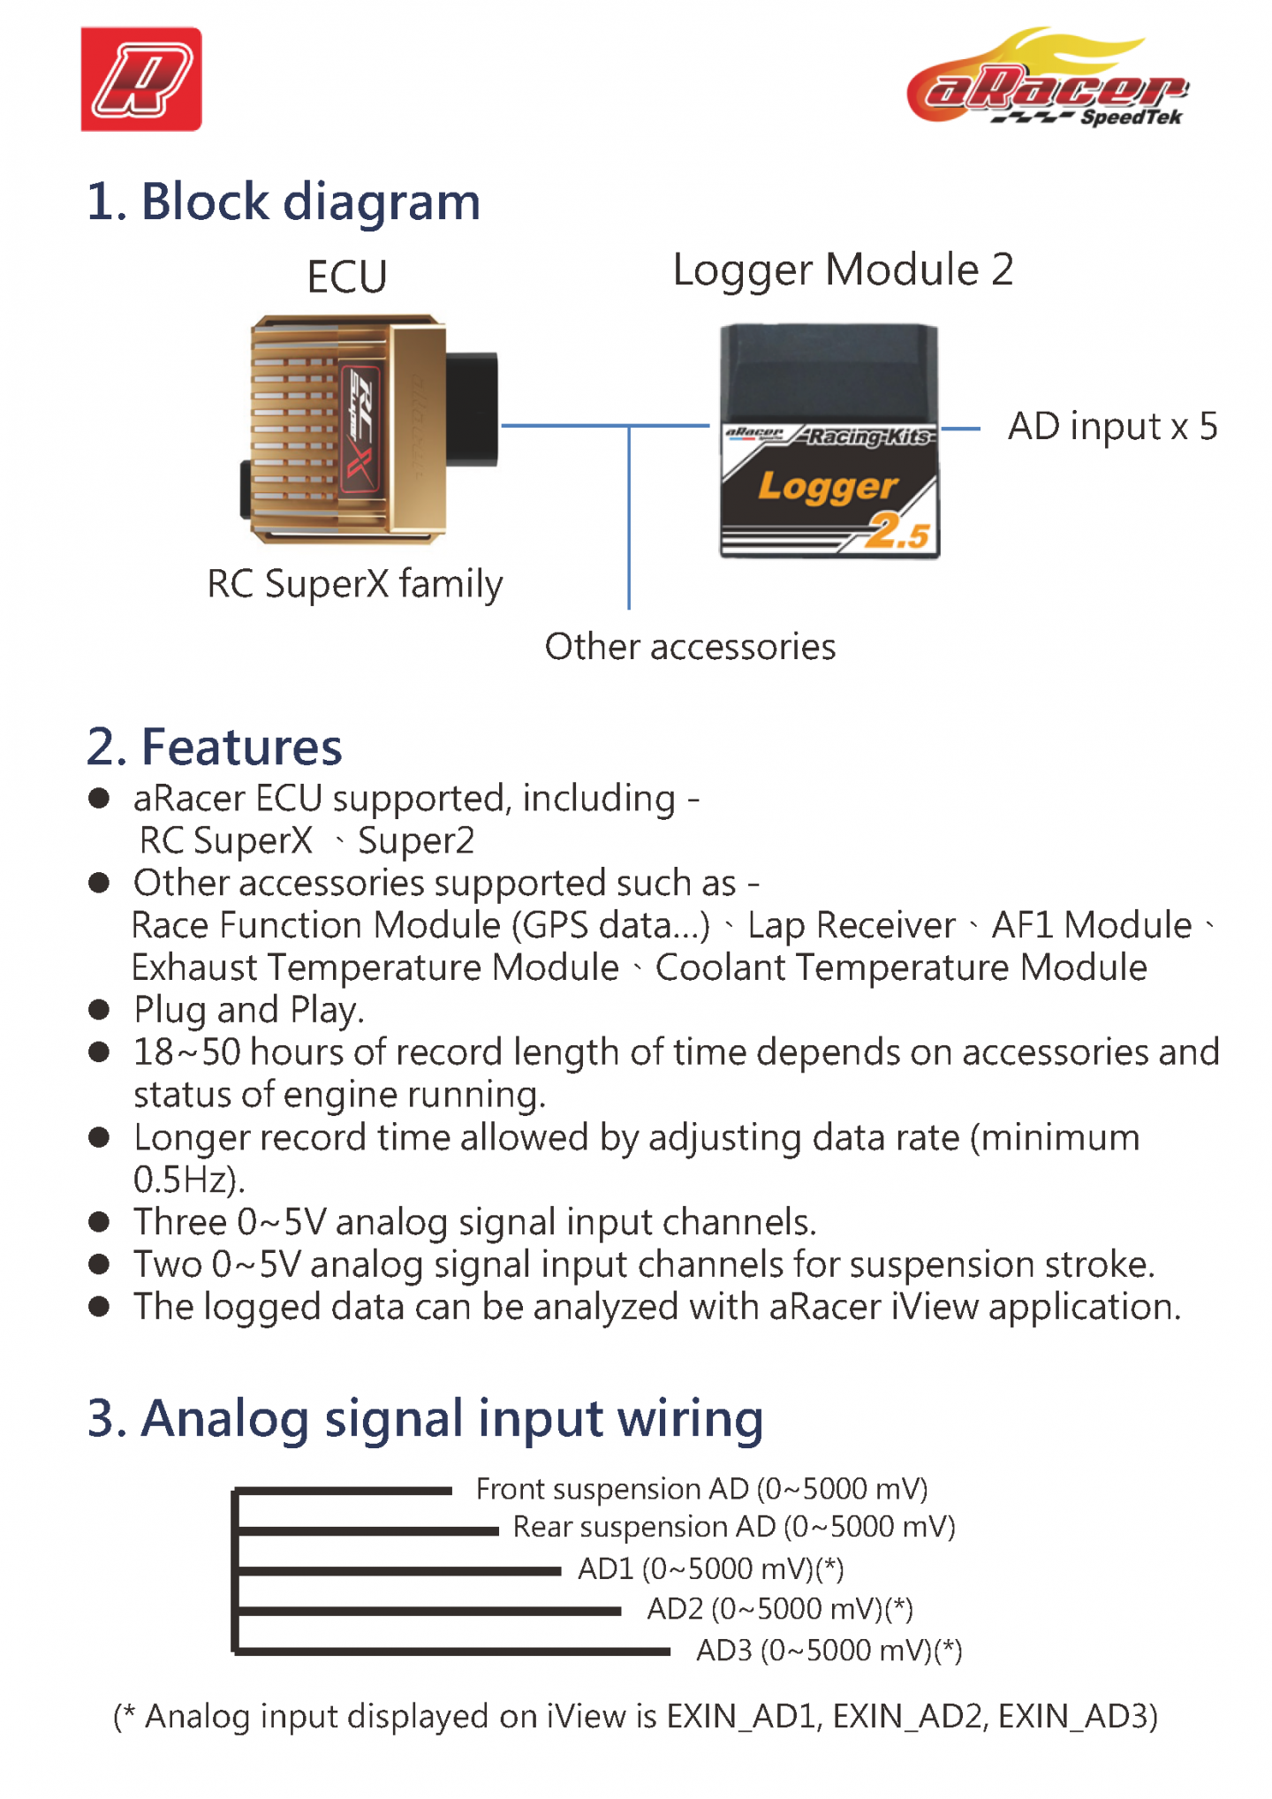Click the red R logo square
(x=141, y=80)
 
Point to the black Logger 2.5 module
(x=829, y=442)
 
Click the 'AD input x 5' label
(x=1112, y=427)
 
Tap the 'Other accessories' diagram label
(x=690, y=647)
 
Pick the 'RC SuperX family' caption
(x=354, y=584)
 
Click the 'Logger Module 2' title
(x=843, y=269)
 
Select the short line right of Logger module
(x=960, y=429)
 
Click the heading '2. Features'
(x=215, y=747)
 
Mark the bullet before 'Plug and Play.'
(x=99, y=1009)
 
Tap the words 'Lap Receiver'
(x=851, y=925)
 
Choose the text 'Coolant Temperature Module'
(x=901, y=968)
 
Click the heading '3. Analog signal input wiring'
(x=425, y=1418)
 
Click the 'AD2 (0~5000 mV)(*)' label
(x=779, y=1609)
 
